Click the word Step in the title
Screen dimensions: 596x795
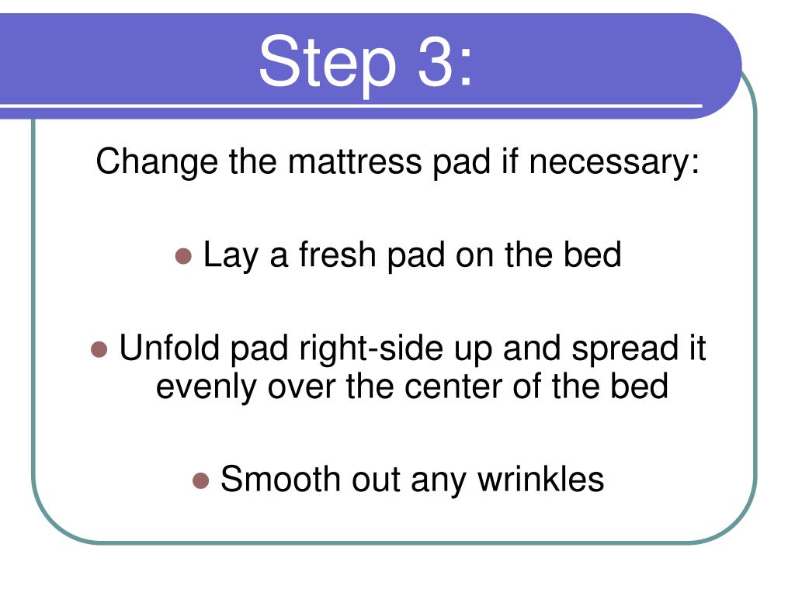coord(326,62)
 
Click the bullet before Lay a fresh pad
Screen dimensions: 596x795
coord(184,255)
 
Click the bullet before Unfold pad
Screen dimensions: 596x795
coord(99,349)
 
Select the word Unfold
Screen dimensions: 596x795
coord(168,348)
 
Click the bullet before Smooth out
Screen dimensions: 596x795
coord(201,480)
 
